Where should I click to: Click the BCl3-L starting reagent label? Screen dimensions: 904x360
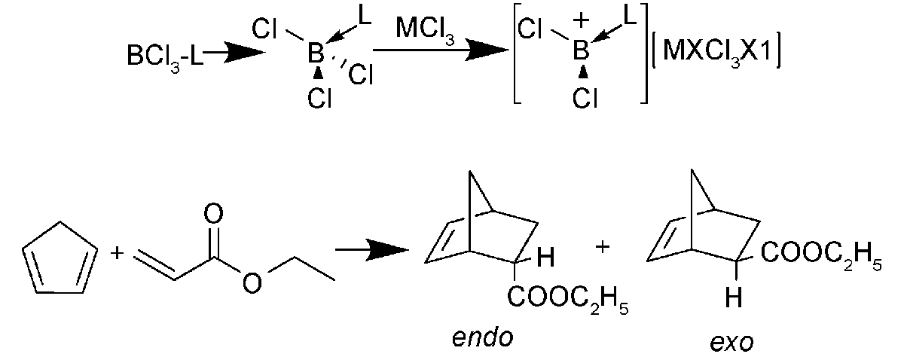165,56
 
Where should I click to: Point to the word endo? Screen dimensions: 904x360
482,337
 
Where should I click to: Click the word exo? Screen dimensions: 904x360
731,342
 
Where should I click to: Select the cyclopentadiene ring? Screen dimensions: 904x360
60,258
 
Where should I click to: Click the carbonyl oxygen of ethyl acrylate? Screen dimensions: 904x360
213,215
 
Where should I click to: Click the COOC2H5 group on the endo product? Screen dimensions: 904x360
567,300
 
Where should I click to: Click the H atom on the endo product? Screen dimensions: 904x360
545,258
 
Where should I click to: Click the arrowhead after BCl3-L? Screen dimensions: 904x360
244,52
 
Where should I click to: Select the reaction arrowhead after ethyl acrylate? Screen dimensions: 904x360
388,250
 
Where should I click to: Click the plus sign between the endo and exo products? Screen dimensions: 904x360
602,246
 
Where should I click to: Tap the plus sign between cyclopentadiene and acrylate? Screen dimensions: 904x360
117,253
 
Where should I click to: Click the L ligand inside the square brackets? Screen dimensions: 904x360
629,17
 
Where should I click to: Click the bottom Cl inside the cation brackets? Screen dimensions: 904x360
585,98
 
